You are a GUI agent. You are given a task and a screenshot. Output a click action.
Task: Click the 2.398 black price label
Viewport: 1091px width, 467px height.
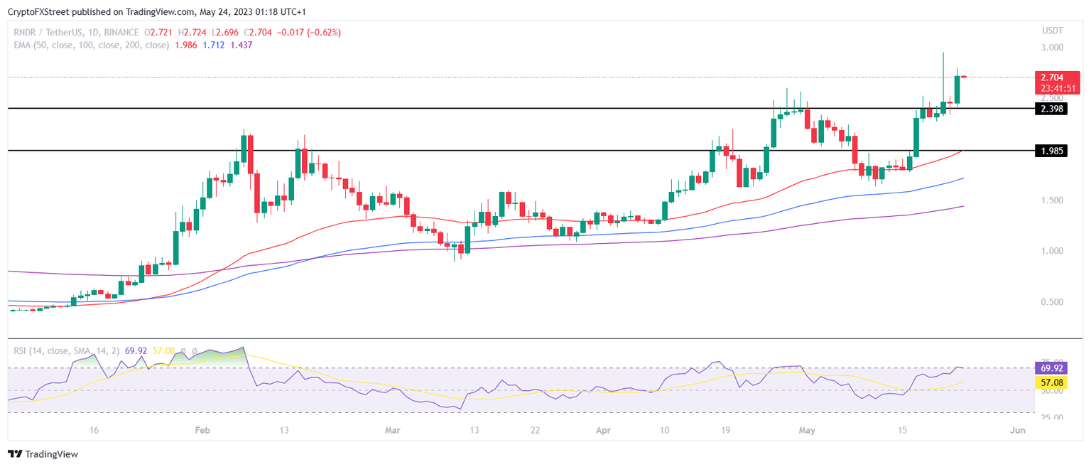coord(1052,108)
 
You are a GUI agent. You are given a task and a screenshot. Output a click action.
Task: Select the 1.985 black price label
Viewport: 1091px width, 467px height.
coord(1052,151)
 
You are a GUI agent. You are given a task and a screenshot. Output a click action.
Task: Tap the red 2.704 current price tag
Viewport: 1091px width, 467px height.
coord(1052,77)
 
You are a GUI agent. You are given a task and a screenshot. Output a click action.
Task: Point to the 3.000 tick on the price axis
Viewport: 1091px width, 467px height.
coord(1052,48)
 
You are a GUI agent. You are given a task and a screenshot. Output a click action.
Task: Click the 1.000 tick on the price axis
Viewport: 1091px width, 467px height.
coord(1052,251)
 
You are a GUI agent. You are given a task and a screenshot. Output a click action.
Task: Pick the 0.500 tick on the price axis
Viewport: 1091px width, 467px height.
coord(1052,302)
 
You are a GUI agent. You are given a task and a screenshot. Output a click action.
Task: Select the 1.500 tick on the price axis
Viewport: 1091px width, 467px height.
coord(1052,200)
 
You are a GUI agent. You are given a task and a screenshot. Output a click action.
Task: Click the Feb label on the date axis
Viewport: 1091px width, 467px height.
coord(203,431)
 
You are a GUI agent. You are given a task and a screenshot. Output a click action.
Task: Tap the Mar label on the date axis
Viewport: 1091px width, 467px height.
coord(392,431)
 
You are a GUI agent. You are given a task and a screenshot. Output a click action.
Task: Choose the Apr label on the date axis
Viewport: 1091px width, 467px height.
coord(603,431)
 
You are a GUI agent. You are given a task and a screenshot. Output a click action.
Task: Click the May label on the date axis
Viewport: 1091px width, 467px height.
coord(805,431)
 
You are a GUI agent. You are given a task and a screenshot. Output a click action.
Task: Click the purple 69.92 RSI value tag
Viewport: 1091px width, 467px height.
coord(1052,368)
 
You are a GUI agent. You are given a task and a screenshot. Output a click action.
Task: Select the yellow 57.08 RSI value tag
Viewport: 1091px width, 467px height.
coord(1052,382)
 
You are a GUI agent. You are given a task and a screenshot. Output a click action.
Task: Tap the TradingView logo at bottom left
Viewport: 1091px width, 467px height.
coord(43,453)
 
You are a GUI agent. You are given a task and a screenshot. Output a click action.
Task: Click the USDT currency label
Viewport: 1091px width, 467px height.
coord(1052,31)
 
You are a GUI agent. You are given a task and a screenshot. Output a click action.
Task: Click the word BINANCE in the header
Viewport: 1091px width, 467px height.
coord(120,33)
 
